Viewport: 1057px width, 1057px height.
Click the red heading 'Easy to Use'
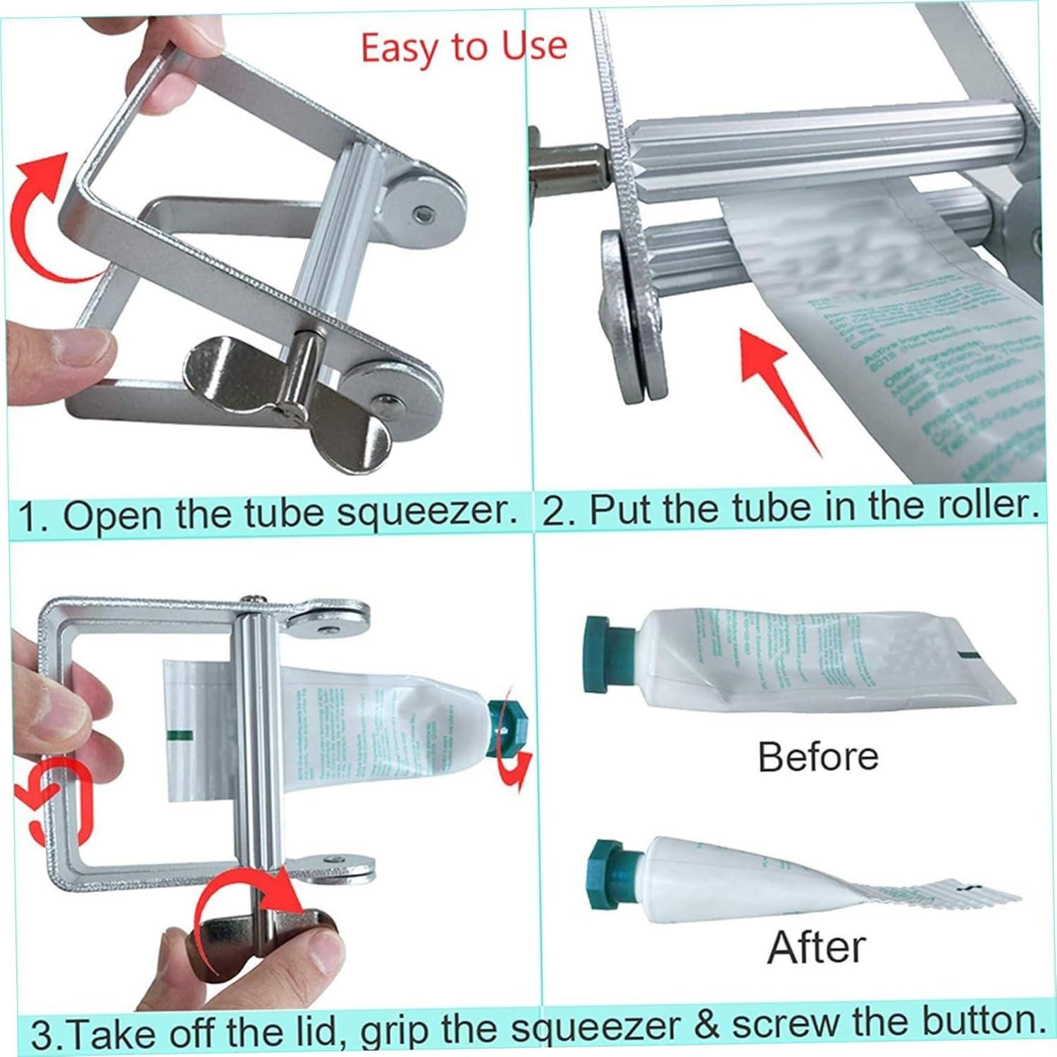click(464, 48)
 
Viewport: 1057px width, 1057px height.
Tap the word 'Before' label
click(818, 757)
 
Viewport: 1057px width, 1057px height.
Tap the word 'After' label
click(816, 946)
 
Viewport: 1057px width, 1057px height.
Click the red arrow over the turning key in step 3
click(247, 909)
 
